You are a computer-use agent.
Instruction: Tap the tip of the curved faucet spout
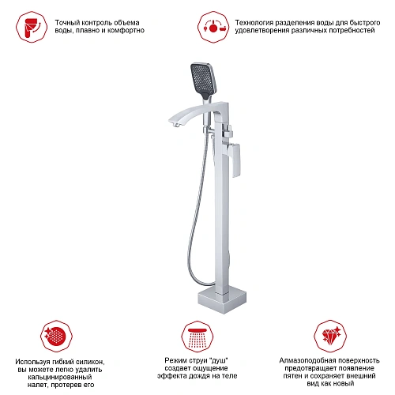coord(171,121)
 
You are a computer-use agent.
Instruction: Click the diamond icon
coord(330,337)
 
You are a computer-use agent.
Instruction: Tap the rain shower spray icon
coord(197,337)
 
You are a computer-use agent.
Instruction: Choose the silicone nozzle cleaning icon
coord(56,337)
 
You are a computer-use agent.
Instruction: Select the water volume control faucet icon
coord(32,27)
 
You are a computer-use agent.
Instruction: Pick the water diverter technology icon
coord(213,27)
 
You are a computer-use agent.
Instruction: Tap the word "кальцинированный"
coord(60,377)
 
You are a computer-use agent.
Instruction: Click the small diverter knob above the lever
coord(228,131)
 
